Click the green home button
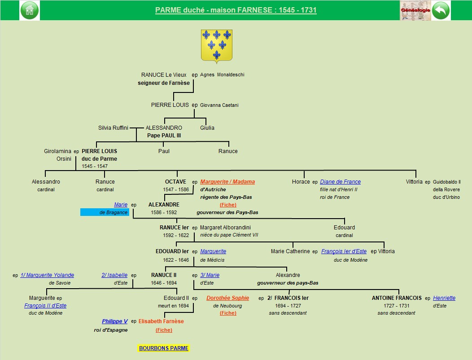[x=30, y=10]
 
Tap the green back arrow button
[x=441, y=10]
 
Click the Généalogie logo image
[x=415, y=10]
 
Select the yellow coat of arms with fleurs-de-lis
[x=216, y=46]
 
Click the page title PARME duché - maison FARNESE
[x=236, y=10]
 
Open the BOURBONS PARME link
[x=164, y=348]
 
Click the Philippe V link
[x=115, y=321]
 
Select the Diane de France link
[x=340, y=182]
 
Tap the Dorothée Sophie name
[x=227, y=298]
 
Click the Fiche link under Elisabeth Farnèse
[x=164, y=330]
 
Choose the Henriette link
[x=444, y=298]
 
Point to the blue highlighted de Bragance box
[x=105, y=212]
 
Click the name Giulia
[x=207, y=128]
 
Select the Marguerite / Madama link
[x=227, y=182]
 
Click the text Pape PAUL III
[x=164, y=136]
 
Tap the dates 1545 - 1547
[x=95, y=166]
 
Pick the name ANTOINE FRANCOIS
[x=397, y=298]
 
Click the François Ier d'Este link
[x=344, y=251]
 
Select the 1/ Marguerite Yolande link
[x=47, y=275]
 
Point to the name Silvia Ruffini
[x=113, y=128]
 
